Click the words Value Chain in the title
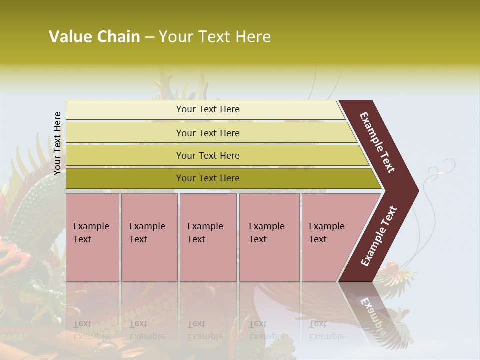94,37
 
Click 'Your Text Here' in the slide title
215,37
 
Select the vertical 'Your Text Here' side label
57,143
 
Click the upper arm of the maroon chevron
378,142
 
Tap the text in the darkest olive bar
208,178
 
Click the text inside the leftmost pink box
91,233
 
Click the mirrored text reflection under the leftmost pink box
91,330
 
